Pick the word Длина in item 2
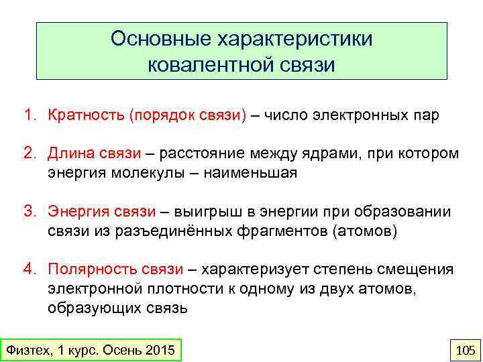[66, 154]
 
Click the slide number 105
[464, 350]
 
